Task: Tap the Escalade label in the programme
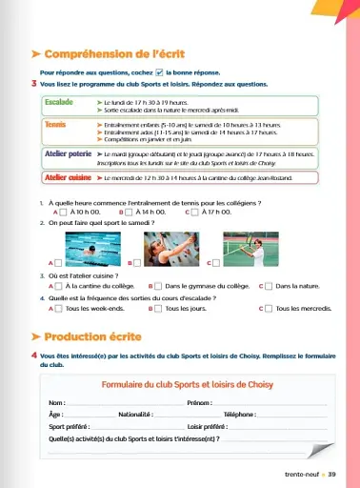[59, 100]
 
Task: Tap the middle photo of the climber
[172, 250]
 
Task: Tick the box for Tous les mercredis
[268, 310]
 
